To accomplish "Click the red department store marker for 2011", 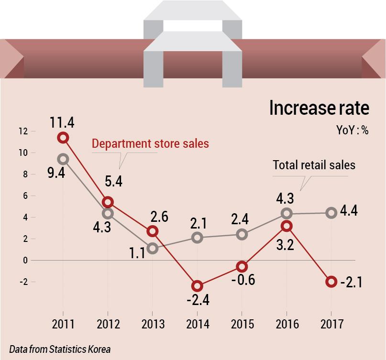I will pyautogui.click(x=63, y=138).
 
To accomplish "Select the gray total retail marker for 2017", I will pyautogui.click(x=331, y=213).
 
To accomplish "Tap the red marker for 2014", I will pyautogui.click(x=197, y=286).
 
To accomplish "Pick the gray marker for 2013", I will pyautogui.click(x=153, y=248).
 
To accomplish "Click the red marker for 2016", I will pyautogui.click(x=287, y=226).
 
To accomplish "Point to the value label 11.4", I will pyautogui.click(x=62, y=122).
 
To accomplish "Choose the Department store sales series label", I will pyautogui.click(x=150, y=143).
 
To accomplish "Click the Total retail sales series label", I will pyautogui.click(x=314, y=165).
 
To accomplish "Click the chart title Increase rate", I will pyautogui.click(x=319, y=108).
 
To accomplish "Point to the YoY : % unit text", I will pyautogui.click(x=353, y=131).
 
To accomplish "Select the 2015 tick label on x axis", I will pyautogui.click(x=242, y=325).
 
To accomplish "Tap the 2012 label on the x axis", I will pyautogui.click(x=108, y=325).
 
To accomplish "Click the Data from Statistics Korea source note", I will pyautogui.click(x=60, y=349).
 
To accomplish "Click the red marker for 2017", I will pyautogui.click(x=331, y=281).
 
